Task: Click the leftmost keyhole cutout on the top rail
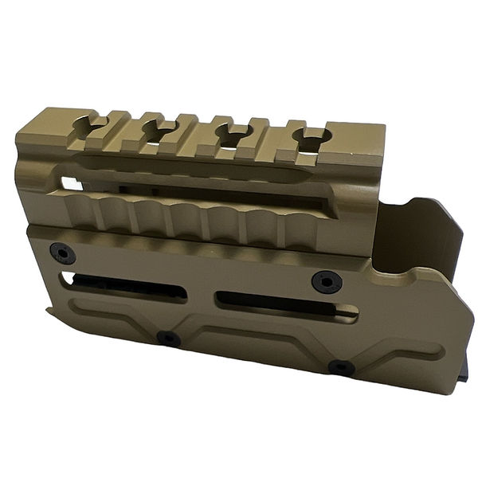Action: [x=89, y=125]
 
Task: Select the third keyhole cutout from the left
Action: [x=231, y=133]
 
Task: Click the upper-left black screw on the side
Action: [x=62, y=253]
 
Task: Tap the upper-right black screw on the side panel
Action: [x=326, y=280]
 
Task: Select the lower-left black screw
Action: [x=168, y=338]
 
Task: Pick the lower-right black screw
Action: [x=341, y=367]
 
